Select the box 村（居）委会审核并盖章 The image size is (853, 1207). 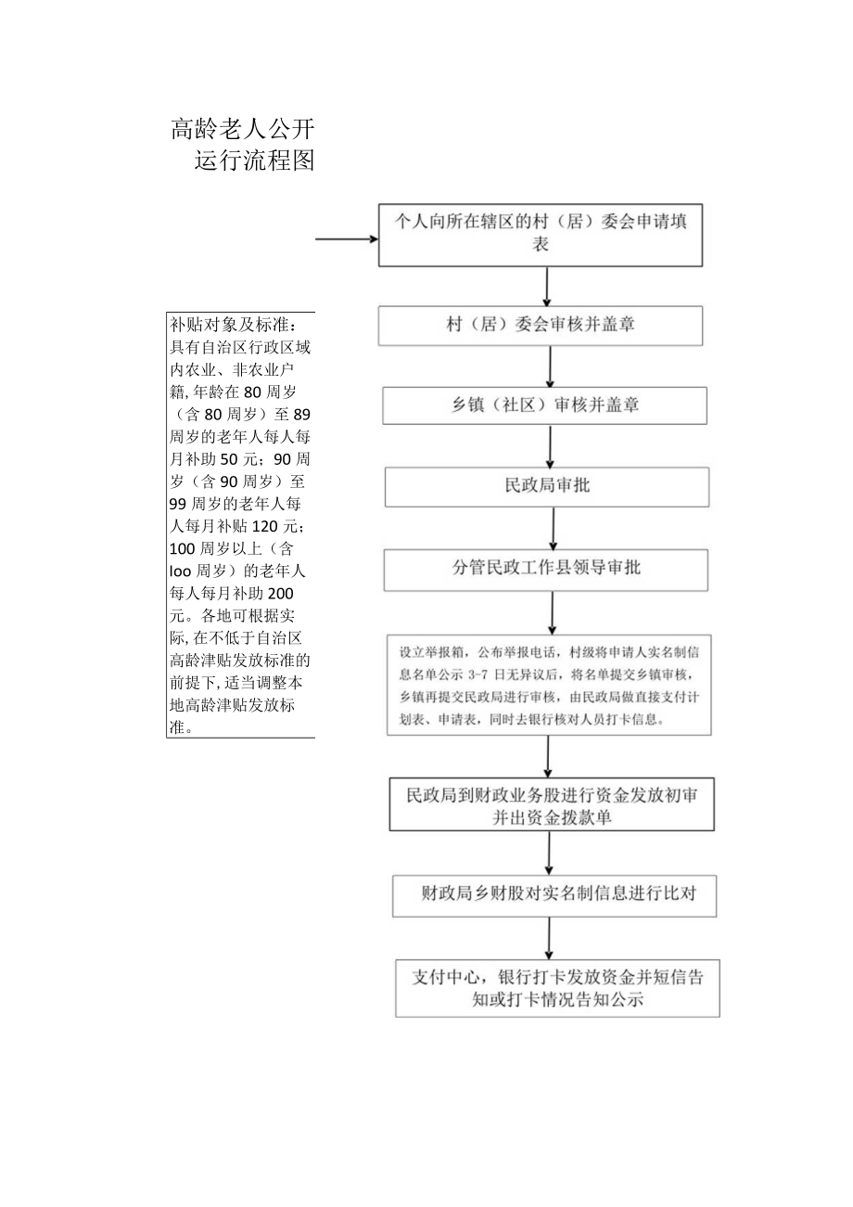[x=541, y=326]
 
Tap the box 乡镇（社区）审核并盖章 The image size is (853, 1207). [x=545, y=405]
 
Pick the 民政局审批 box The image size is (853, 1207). [x=547, y=486]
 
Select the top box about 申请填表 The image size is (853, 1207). [x=541, y=233]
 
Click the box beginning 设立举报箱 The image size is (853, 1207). [x=549, y=684]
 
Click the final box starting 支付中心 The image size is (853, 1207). [x=557, y=988]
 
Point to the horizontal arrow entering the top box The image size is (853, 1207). [x=347, y=238]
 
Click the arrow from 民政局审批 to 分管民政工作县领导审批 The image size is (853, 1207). [x=554, y=529]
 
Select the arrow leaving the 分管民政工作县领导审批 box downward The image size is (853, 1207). [x=553, y=612]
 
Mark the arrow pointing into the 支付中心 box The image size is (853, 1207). [x=550, y=939]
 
